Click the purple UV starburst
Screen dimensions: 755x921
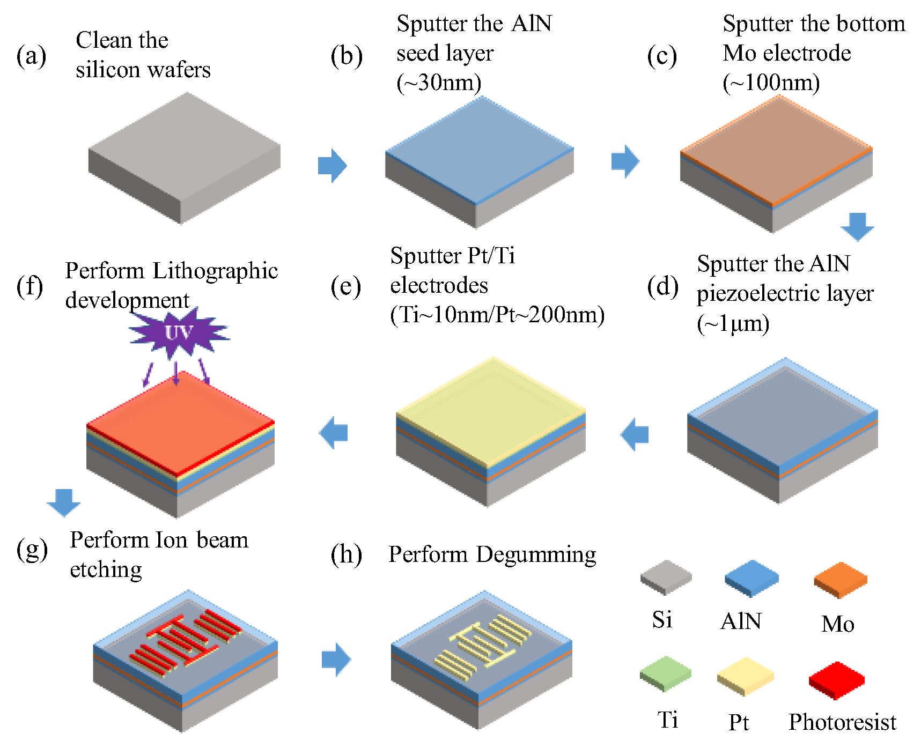click(x=178, y=333)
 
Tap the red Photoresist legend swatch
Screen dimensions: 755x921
click(x=836, y=680)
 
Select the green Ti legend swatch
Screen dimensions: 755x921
click(x=666, y=673)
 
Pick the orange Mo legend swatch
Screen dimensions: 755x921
click(x=840, y=580)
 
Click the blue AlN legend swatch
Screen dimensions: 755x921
click(x=751, y=578)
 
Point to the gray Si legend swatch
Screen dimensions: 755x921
click(x=666, y=577)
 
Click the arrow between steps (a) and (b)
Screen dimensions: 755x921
click(x=333, y=165)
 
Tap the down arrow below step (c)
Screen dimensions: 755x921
click(x=857, y=226)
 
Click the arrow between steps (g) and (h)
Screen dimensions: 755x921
click(x=336, y=659)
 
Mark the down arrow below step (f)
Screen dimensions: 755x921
click(x=64, y=502)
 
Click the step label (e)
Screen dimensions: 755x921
click(x=346, y=286)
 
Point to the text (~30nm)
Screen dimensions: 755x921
click(x=439, y=83)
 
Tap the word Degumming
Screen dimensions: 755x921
click(x=536, y=554)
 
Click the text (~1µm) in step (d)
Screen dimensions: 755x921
click(x=733, y=323)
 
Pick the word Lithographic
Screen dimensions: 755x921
click(x=215, y=271)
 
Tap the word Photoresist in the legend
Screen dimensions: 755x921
click(x=842, y=722)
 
